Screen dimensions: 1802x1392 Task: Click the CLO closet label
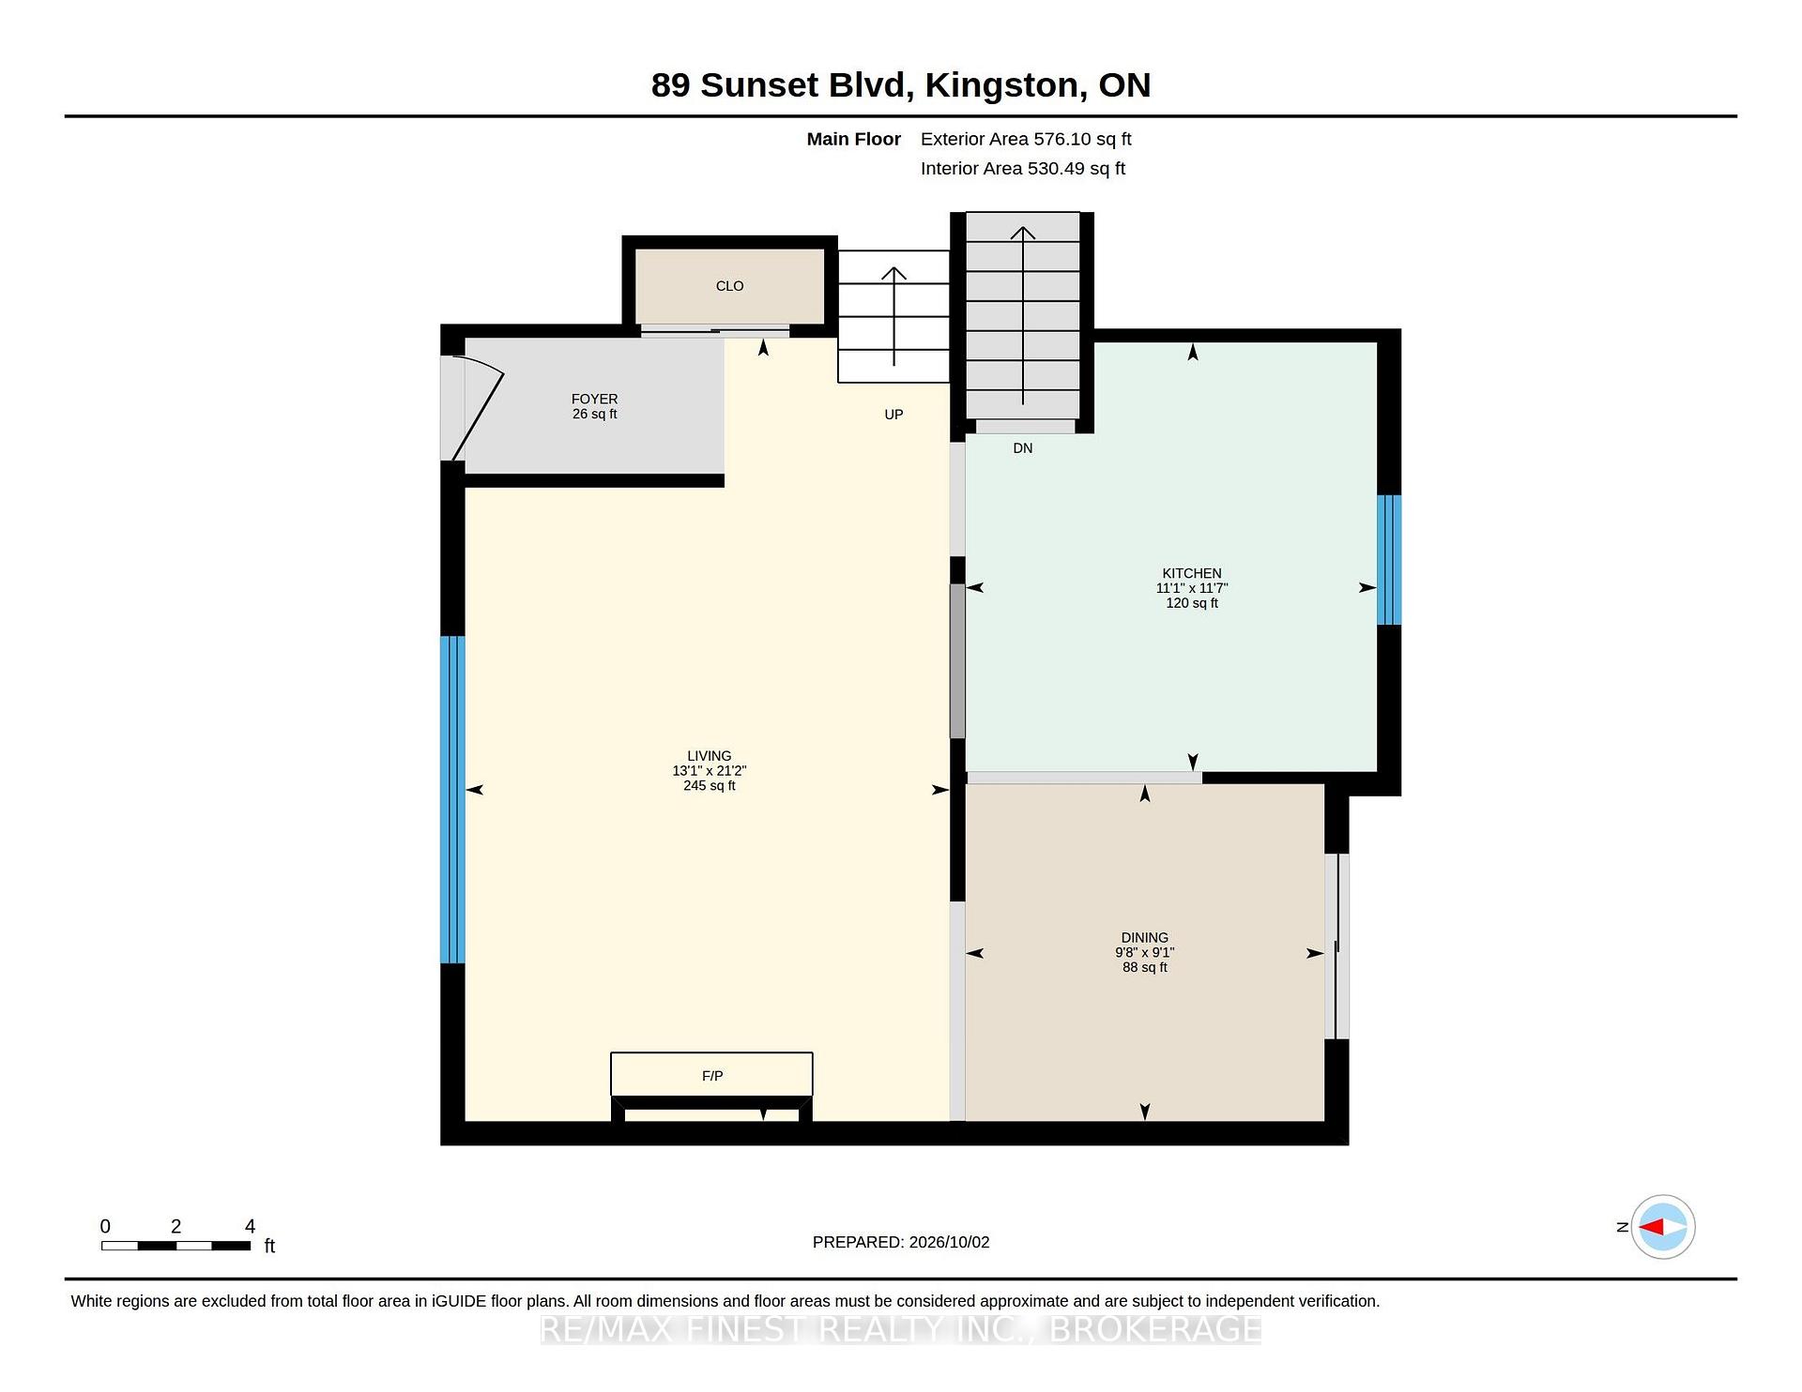pyautogui.click(x=729, y=286)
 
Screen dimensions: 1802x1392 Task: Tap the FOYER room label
pyautogui.click(x=594, y=399)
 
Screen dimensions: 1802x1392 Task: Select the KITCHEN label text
pyautogui.click(x=1192, y=573)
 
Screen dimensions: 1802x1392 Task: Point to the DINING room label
pyautogui.click(x=1144, y=937)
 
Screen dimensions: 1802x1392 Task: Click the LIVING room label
pyautogui.click(x=709, y=755)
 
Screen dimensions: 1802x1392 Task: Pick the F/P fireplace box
pyautogui.click(x=711, y=1074)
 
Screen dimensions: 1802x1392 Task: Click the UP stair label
pyautogui.click(x=893, y=415)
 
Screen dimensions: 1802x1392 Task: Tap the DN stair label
pyautogui.click(x=1023, y=448)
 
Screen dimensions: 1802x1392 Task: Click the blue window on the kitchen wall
pyautogui.click(x=1389, y=560)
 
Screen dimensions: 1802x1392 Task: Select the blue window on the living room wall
pyautogui.click(x=452, y=800)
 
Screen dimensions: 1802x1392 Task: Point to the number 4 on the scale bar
pyautogui.click(x=250, y=1226)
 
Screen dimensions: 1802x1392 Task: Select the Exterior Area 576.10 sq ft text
pyautogui.click(x=1026, y=139)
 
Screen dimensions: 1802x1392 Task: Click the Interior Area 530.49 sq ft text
pyautogui.click(x=1023, y=169)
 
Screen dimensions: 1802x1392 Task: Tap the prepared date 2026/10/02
pyautogui.click(x=949, y=1242)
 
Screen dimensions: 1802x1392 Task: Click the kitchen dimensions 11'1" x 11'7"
pyautogui.click(x=1192, y=588)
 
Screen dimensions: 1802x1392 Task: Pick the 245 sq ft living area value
pyautogui.click(x=709, y=785)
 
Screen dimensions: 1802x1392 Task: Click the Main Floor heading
pyautogui.click(x=854, y=139)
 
